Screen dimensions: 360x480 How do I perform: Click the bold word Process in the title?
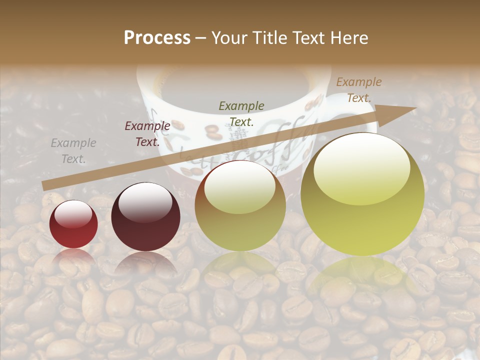pyautogui.click(x=157, y=37)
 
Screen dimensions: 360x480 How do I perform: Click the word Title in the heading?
pyautogui.click(x=268, y=37)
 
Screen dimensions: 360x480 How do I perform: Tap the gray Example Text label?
pyautogui.click(x=73, y=151)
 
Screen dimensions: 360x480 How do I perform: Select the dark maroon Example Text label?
pyautogui.click(x=147, y=134)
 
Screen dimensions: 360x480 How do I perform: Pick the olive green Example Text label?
pyautogui.click(x=241, y=113)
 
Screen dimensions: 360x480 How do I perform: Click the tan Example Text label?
pyautogui.click(x=358, y=90)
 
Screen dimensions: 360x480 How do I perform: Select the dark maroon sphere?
pyautogui.click(x=145, y=220)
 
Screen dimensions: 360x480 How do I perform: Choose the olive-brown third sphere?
pyautogui.click(x=240, y=215)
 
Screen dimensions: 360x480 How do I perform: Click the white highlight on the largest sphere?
pyautogui.click(x=362, y=167)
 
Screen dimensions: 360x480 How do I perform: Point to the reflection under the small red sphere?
pyautogui.click(x=73, y=257)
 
